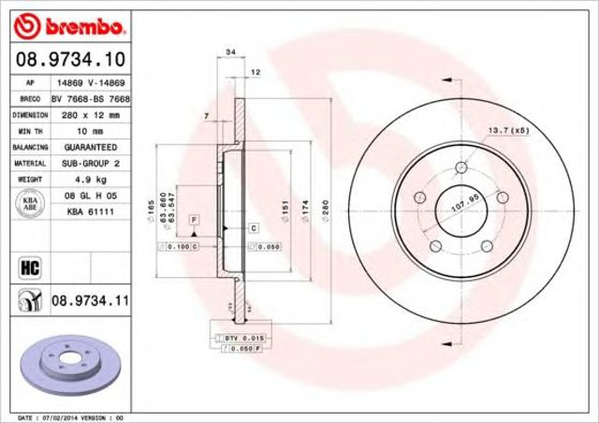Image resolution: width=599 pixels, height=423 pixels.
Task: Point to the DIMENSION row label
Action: tap(30, 114)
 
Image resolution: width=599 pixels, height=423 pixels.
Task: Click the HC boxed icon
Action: tap(27, 269)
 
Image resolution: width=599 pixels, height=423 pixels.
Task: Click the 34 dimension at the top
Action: tap(229, 52)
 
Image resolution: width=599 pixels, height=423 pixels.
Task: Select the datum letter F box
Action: tap(194, 219)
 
